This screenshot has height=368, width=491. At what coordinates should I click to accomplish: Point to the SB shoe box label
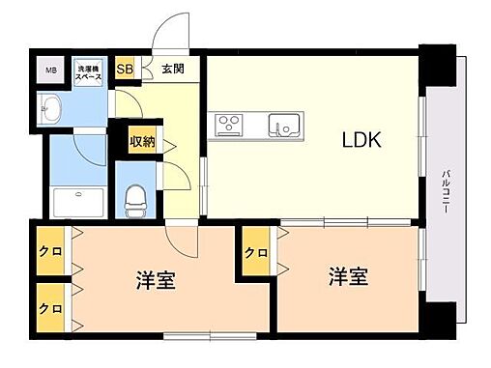click(125, 70)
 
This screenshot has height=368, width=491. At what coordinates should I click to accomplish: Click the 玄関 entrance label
click(174, 70)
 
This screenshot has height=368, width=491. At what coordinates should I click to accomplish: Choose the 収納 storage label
click(142, 142)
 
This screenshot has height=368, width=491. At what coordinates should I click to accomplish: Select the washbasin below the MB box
click(50, 109)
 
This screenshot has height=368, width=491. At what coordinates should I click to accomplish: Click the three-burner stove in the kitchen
click(231, 123)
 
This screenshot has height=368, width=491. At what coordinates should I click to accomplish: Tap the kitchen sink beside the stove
click(284, 124)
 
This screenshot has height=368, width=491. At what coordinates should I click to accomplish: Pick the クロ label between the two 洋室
click(254, 254)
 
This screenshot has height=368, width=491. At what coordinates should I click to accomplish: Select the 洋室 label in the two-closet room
click(154, 284)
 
